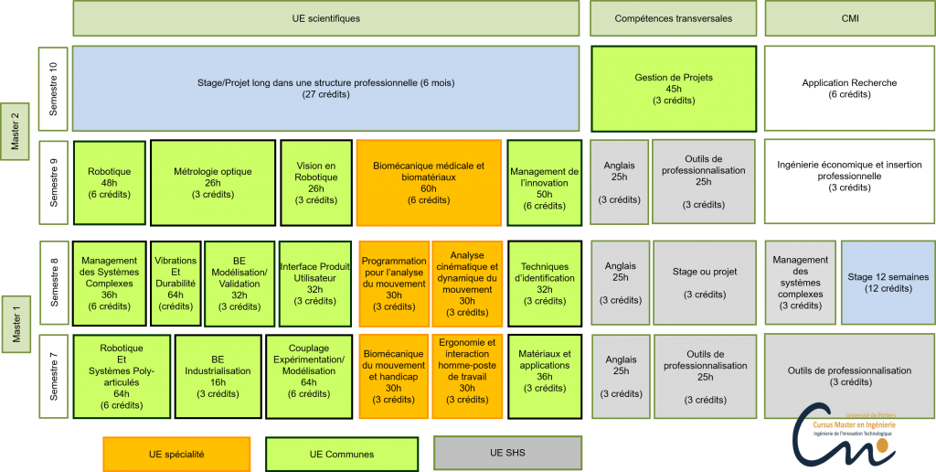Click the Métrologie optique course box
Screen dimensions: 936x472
click(213, 182)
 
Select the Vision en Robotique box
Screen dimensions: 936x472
click(316, 182)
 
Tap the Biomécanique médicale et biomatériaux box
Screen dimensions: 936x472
click(430, 182)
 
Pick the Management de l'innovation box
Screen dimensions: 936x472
click(545, 182)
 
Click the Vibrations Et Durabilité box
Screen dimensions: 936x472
click(175, 283)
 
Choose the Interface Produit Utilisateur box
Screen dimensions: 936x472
click(315, 283)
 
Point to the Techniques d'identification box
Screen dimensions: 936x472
click(545, 283)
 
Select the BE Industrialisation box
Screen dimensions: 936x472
click(218, 376)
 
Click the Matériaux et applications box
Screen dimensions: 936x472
click(545, 376)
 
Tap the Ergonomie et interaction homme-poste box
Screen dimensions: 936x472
click(467, 376)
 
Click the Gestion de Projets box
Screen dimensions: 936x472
click(674, 89)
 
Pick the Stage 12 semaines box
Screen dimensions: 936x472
click(888, 283)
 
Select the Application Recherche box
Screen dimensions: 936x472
click(849, 89)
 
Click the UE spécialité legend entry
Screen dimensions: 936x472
click(176, 454)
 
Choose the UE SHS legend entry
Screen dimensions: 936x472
click(507, 453)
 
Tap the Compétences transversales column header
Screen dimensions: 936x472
click(674, 18)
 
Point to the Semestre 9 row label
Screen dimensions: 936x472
click(55, 182)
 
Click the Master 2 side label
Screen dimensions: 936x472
click(15, 132)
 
